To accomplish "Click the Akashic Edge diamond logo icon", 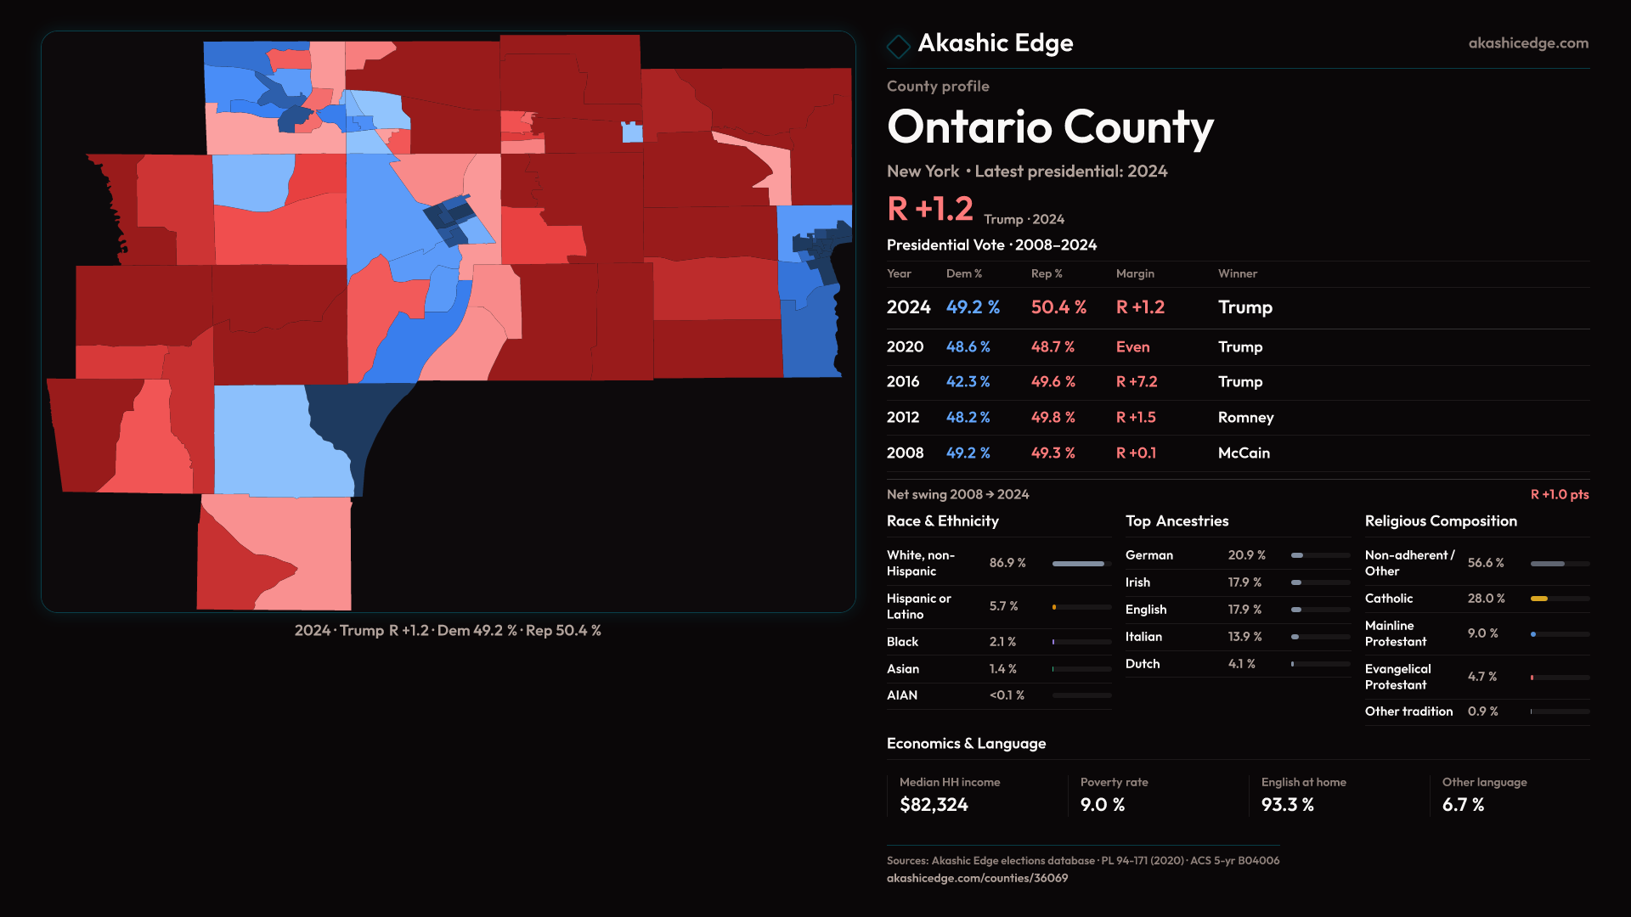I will pyautogui.click(x=898, y=45).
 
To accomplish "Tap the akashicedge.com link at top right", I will pyautogui.click(x=1527, y=43).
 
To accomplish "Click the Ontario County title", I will pyautogui.click(x=1050, y=127).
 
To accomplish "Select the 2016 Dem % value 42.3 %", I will pyautogui.click(x=968, y=382).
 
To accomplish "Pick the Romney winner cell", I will pyautogui.click(x=1245, y=418).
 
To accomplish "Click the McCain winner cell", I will pyautogui.click(x=1244, y=453).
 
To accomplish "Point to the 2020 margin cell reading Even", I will pyautogui.click(x=1132, y=347).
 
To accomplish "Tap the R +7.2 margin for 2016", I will pyautogui.click(x=1136, y=382).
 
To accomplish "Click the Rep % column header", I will pyautogui.click(x=1047, y=273).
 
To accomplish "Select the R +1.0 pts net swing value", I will pyautogui.click(x=1559, y=495).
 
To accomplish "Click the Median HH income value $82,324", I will pyautogui.click(x=934, y=805).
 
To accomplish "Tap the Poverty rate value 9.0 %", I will pyautogui.click(x=1102, y=805).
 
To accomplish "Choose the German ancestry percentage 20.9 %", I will pyautogui.click(x=1246, y=555).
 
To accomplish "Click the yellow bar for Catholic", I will pyautogui.click(x=1539, y=599).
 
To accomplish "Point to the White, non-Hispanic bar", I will pyautogui.click(x=1078, y=564).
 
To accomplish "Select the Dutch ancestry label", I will pyautogui.click(x=1142, y=664).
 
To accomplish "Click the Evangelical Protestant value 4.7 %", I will pyautogui.click(x=1481, y=677).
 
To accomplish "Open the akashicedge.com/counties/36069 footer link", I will pyautogui.click(x=977, y=878).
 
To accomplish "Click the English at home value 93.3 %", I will pyautogui.click(x=1287, y=805).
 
